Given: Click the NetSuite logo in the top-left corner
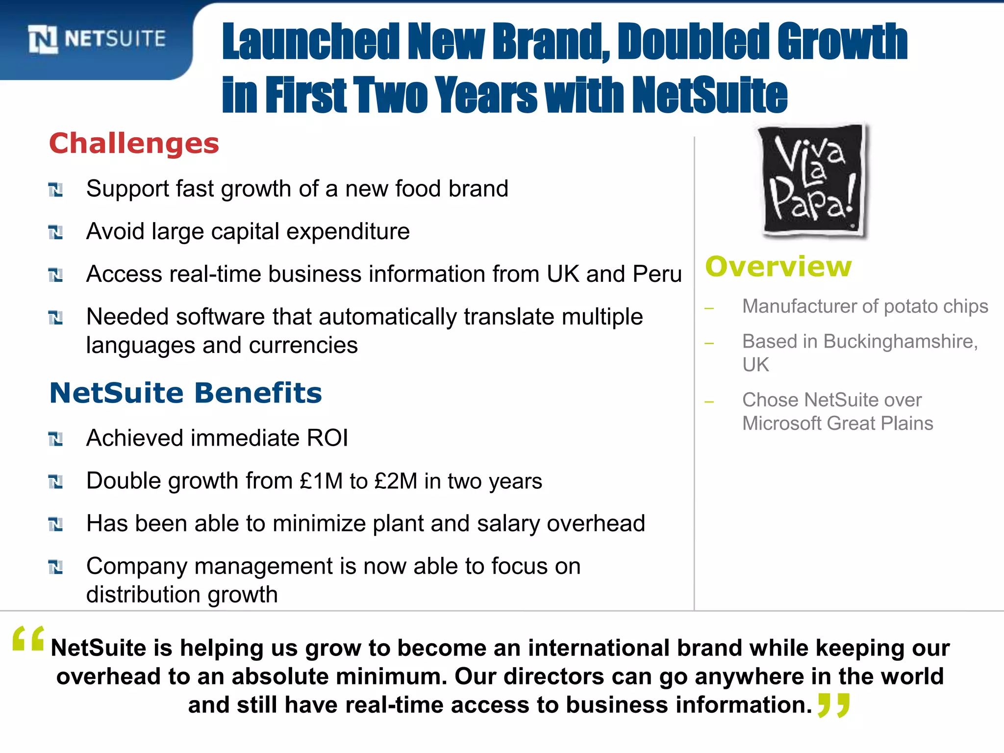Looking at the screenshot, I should pyautogui.click(x=97, y=39).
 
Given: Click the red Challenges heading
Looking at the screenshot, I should pyautogui.click(x=134, y=144).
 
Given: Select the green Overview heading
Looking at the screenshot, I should pyautogui.click(x=778, y=267).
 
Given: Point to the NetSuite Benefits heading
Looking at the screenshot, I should pyautogui.click(x=185, y=393).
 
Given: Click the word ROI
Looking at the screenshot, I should pyautogui.click(x=327, y=438).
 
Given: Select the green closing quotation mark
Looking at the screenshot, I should pyautogui.click(x=834, y=706).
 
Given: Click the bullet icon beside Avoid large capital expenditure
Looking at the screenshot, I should pyautogui.click(x=56, y=232).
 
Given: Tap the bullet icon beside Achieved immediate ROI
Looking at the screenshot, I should pyautogui.click(x=56, y=439).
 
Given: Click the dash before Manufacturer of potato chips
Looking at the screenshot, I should pyautogui.click(x=709, y=308).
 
